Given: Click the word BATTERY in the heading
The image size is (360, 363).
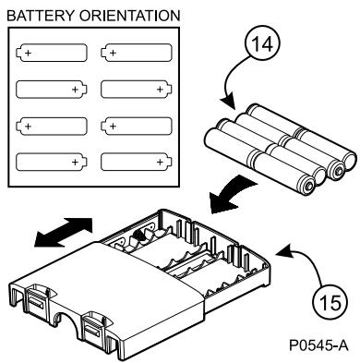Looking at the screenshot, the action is click(41, 16).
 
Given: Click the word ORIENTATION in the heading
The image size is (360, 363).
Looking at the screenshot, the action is click(129, 16).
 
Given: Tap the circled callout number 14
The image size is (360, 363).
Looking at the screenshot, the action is click(262, 44).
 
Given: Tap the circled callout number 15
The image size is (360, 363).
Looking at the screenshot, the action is click(330, 301).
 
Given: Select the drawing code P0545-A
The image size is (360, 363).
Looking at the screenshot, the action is click(318, 345).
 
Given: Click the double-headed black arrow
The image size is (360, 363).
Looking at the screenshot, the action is click(63, 233).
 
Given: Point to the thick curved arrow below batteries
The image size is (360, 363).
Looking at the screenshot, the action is click(233, 196).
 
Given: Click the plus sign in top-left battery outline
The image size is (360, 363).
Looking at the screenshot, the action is click(28, 53).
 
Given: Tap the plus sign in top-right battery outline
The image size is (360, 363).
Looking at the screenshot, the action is click(113, 53).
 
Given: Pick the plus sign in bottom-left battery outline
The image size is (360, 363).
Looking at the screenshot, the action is click(75, 162).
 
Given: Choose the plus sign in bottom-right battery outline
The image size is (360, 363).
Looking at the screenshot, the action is click(160, 162).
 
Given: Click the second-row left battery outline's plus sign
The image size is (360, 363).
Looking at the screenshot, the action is click(75, 90).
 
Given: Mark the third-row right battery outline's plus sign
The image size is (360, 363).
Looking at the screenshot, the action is click(113, 126).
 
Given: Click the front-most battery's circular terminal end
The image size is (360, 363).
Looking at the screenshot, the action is click(307, 186).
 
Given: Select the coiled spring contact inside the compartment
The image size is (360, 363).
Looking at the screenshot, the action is click(138, 237).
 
